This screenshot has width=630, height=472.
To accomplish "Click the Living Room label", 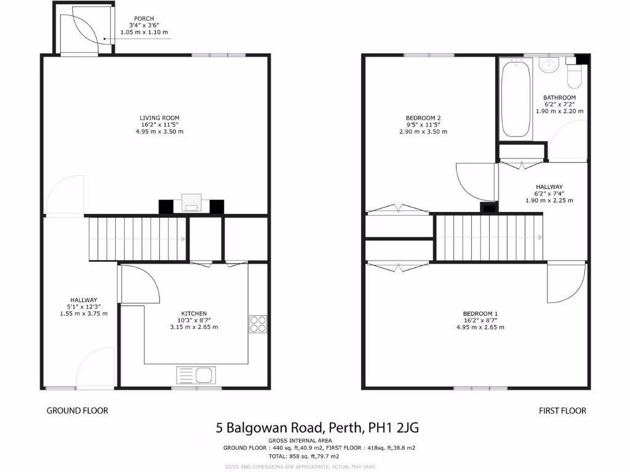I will pos(159,118).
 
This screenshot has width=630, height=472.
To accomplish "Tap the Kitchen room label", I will pos(194,313).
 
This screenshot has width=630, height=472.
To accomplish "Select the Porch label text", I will pos(145,18).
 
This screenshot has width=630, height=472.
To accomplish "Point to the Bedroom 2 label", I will pos(423,118).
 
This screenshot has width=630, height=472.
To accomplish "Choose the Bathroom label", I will pos(559,98).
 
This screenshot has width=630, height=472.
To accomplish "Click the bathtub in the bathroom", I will pos(516,100).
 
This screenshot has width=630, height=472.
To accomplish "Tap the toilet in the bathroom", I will pos(575,77).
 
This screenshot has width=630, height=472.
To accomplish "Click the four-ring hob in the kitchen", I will pos(258,324).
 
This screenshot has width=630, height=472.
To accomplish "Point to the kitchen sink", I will pos(195,374).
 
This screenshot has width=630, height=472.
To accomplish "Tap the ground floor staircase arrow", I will pos(183,238).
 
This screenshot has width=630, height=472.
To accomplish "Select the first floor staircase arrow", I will pos(540,237).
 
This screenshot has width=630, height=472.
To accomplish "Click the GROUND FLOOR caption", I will pos(78,411).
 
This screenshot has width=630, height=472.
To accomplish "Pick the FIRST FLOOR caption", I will pos(562,411).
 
